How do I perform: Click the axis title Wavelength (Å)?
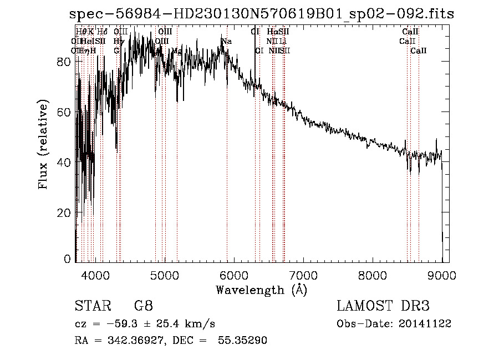pos(261,290)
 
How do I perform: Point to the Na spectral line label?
pos(226,41)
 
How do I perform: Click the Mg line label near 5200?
pos(177,50)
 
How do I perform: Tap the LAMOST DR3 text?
pos(383,306)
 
